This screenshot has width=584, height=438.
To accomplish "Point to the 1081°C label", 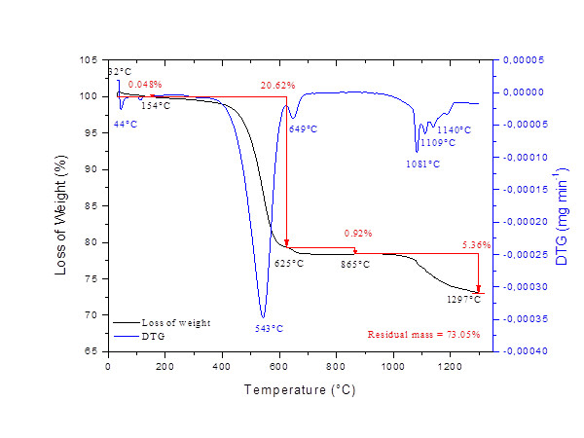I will click(x=422, y=164).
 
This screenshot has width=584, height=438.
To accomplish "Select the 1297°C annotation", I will click(x=464, y=299).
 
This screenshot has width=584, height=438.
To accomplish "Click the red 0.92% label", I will click(x=359, y=235).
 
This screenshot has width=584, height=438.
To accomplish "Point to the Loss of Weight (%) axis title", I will click(x=60, y=205).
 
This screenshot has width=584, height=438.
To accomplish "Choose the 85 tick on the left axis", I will click(x=91, y=205).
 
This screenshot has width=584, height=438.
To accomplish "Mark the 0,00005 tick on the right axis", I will click(x=523, y=60).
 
